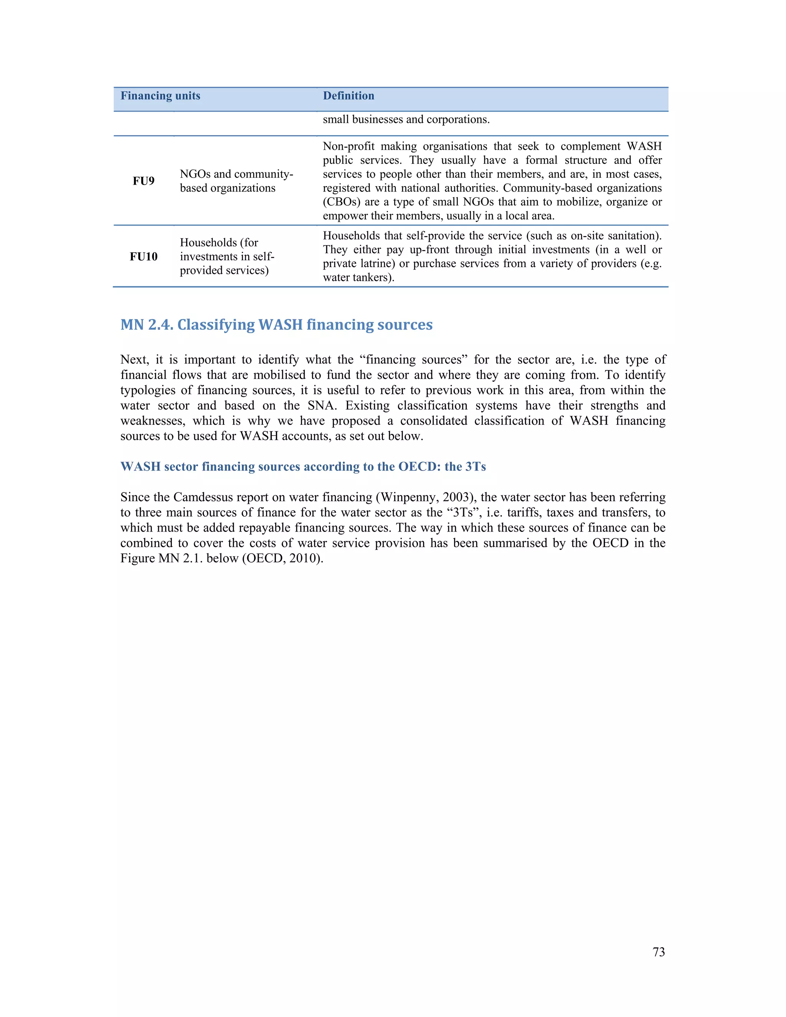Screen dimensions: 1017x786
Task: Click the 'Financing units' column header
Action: tap(160, 96)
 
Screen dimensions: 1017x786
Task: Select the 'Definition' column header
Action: tap(348, 96)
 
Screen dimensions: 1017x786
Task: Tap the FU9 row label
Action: tap(144, 181)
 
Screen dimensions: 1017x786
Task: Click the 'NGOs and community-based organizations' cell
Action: tap(236, 181)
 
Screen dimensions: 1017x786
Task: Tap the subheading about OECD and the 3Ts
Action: tap(303, 467)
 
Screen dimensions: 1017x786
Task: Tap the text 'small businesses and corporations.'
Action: tap(406, 120)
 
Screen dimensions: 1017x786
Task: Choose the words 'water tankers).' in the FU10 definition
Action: tap(358, 278)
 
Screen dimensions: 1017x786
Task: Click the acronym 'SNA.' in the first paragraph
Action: tap(322, 406)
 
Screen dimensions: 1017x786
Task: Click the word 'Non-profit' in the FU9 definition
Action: tap(348, 146)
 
